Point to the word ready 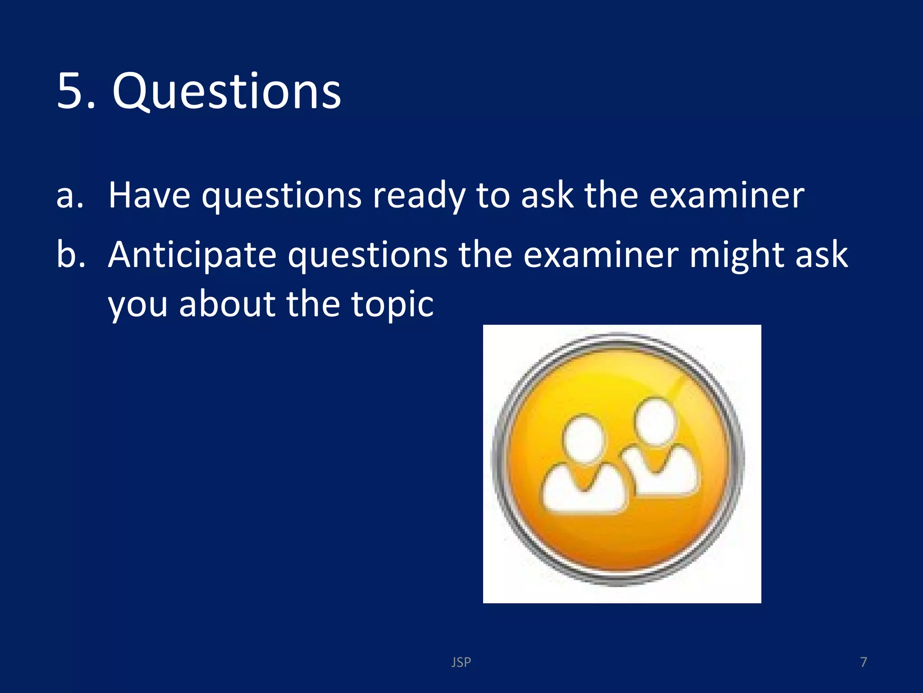coord(419,197)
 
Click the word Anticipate coord(192,255)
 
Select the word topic coord(392,305)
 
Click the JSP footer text coord(461,662)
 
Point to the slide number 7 coord(863,662)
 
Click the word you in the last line coord(137,305)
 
